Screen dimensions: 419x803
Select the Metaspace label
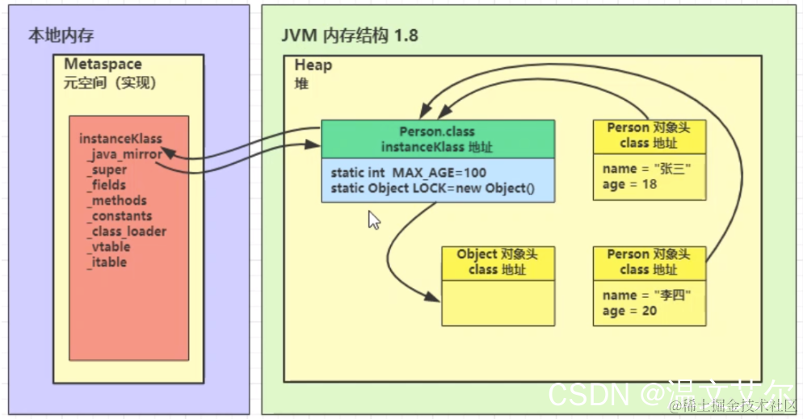(x=103, y=65)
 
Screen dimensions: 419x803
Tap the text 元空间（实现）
(x=109, y=83)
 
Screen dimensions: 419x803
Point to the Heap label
(x=313, y=65)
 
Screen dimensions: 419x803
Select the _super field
(x=107, y=170)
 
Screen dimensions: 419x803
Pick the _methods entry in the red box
(x=117, y=200)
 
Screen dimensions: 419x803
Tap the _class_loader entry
(x=127, y=231)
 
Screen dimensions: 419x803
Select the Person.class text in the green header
(x=437, y=131)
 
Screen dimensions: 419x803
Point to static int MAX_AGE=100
(x=409, y=174)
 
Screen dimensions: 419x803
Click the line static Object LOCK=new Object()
(x=432, y=189)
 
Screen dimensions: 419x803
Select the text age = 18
(x=629, y=184)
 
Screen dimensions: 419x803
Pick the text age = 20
(x=629, y=311)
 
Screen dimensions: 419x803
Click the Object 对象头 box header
(x=497, y=262)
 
